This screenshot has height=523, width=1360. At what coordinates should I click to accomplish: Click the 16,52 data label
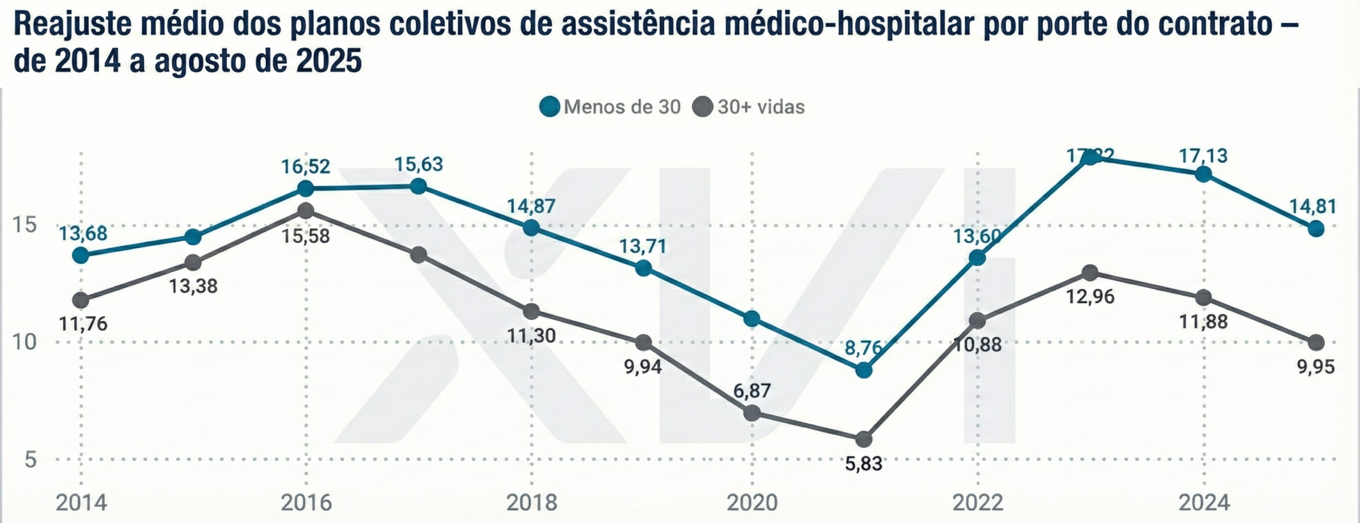coord(305,166)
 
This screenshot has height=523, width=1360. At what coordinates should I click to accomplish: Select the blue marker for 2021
coord(864,370)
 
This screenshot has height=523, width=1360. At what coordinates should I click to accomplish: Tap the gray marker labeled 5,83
coord(864,439)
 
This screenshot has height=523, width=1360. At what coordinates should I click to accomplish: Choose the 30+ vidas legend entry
coord(749,107)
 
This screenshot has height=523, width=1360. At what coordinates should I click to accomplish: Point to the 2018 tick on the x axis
coord(532,502)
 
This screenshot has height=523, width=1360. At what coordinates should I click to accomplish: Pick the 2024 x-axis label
coord(1204,502)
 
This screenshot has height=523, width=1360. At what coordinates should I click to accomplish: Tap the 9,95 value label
coord(1316,366)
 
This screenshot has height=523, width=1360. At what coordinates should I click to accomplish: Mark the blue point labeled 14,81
coord(1316,229)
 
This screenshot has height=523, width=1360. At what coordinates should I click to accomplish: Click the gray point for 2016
coord(305,211)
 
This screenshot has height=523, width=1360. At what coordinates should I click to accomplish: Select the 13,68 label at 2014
coord(82,233)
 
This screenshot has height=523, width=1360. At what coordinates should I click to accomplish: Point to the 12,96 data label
coord(1090,296)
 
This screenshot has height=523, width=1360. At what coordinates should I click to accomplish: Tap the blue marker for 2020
coord(752,319)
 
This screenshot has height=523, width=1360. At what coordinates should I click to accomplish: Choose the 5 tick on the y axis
coord(31,459)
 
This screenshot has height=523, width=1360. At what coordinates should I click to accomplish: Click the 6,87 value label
coord(752,390)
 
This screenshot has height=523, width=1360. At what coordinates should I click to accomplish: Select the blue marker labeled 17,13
coord(1203,174)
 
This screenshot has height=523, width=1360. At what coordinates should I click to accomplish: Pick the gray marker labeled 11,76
coord(81,301)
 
